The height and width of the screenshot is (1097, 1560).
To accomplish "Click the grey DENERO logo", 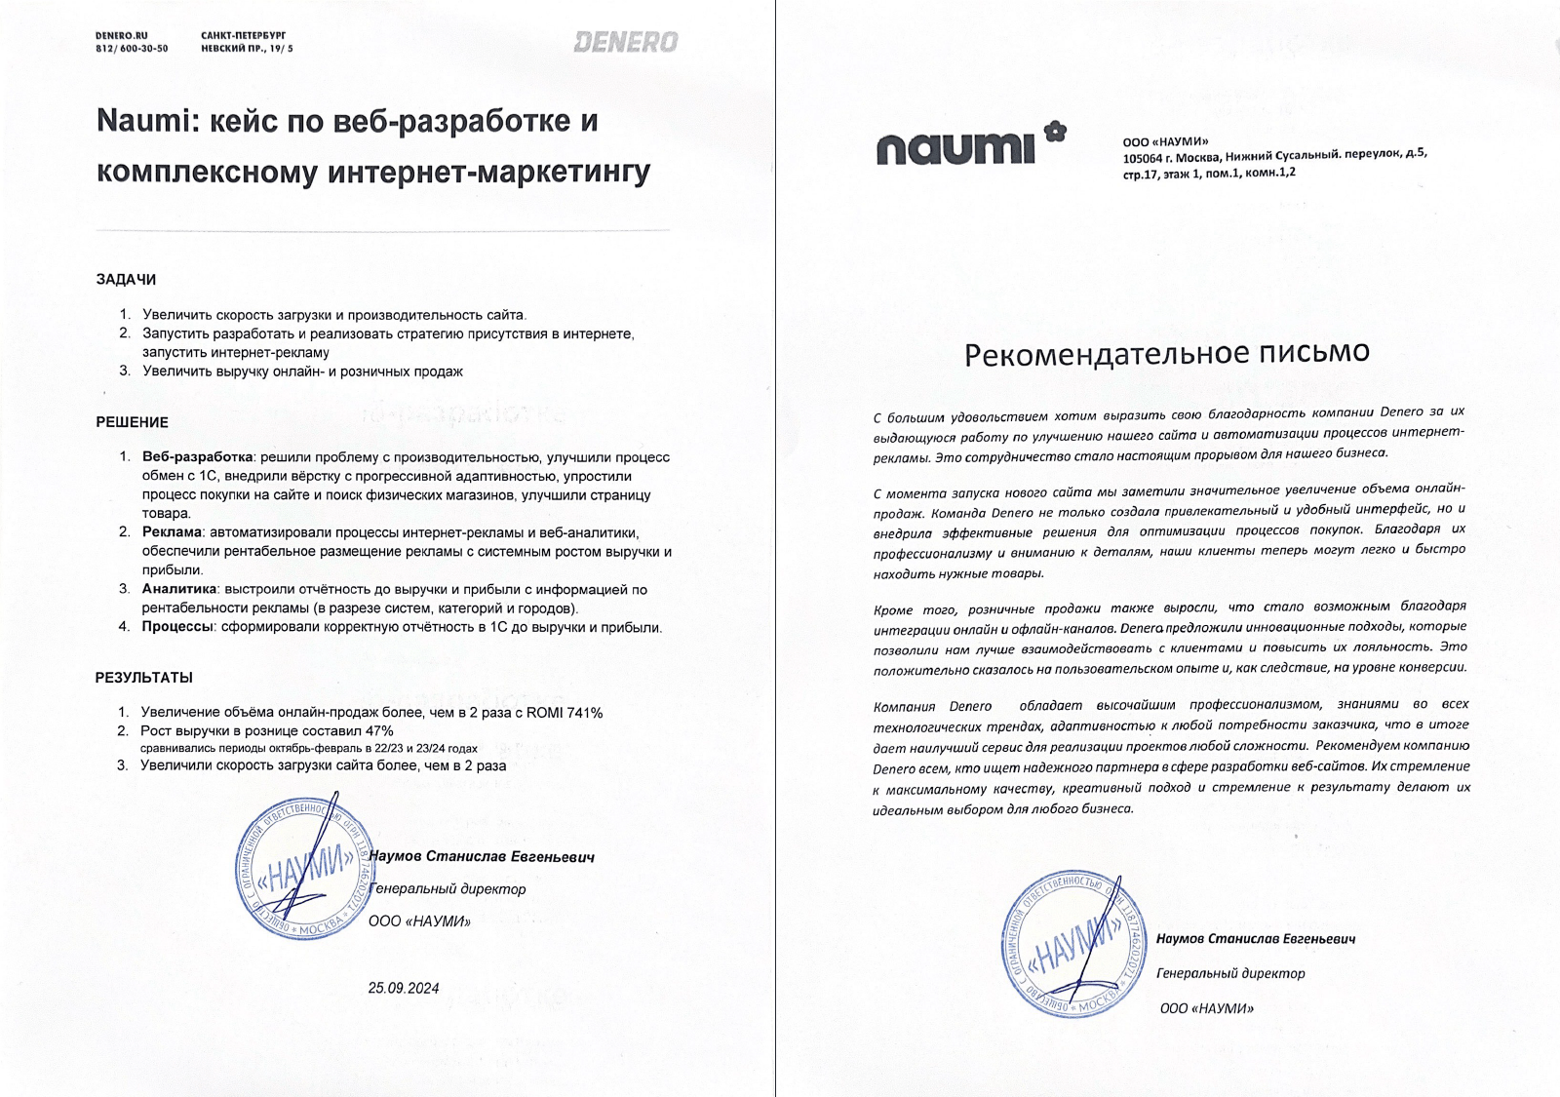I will [625, 42].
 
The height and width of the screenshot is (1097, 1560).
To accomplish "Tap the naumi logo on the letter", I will [955, 148].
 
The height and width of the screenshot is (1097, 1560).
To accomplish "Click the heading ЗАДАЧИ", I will [126, 280].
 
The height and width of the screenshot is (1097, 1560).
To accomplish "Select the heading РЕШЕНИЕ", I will [132, 422].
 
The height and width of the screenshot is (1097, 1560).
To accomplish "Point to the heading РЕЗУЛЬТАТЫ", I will [143, 678].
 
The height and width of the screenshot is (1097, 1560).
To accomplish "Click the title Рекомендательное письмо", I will [1166, 353].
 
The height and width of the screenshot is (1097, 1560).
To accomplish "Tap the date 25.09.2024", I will [404, 988].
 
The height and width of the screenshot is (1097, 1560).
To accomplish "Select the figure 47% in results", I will [378, 731].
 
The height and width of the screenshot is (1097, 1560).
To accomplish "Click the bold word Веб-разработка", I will [197, 457].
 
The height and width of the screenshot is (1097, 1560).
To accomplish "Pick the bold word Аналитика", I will [178, 589].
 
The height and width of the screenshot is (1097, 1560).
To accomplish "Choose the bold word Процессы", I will [177, 627].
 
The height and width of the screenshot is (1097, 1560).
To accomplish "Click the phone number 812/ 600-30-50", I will [132, 49].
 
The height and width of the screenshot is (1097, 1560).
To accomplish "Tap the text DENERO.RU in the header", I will [121, 35].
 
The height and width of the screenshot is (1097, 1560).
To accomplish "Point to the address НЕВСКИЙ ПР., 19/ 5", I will [247, 49].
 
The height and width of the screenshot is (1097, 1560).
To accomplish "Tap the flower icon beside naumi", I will [1055, 130].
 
